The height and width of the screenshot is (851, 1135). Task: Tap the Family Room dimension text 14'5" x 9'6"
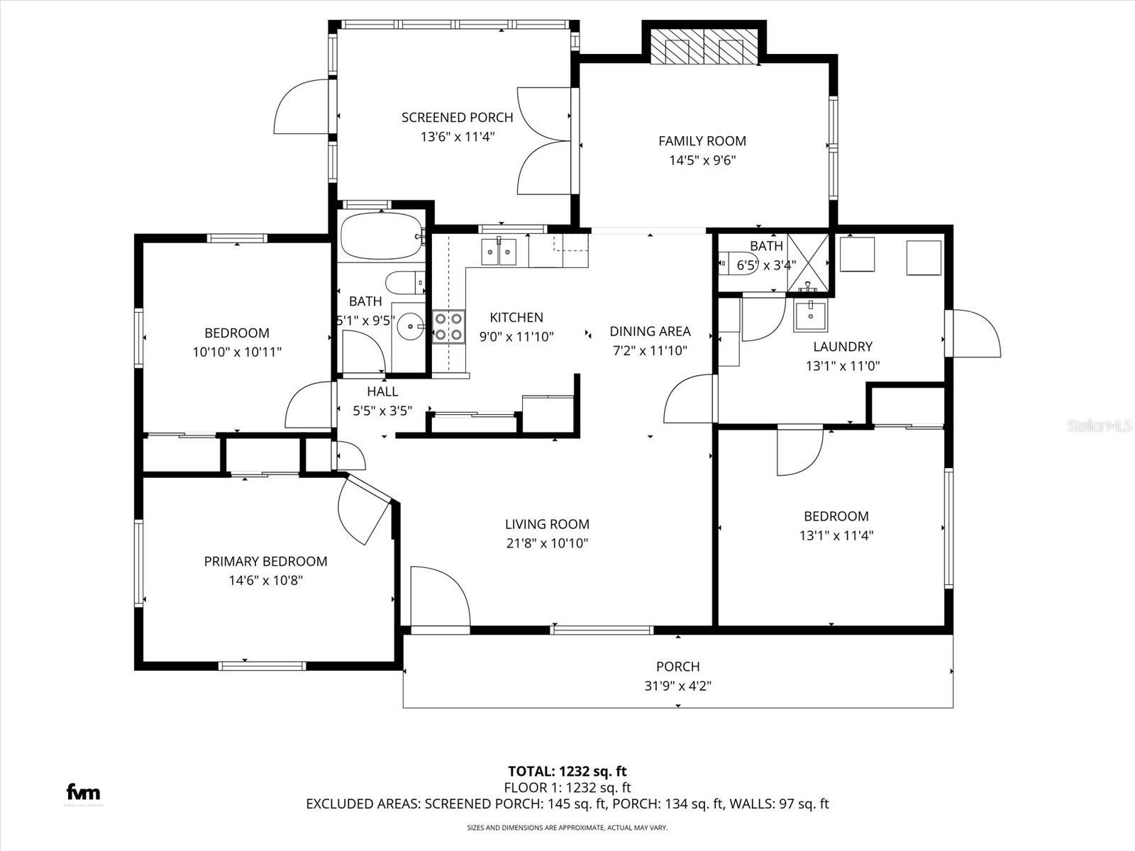702,160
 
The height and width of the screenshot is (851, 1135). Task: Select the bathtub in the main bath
381,236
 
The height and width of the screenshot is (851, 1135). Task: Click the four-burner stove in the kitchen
448,328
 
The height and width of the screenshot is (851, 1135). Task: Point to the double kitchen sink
499,252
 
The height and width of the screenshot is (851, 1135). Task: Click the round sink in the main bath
409,327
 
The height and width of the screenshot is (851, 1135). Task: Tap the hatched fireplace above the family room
704,49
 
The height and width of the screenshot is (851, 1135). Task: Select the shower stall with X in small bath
808,262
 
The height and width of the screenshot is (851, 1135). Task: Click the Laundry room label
842,347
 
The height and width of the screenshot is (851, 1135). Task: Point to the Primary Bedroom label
265,562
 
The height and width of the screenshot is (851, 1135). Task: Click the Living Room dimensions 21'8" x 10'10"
547,544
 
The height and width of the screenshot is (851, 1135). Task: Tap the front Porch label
677,667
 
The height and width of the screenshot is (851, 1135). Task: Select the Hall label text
382,391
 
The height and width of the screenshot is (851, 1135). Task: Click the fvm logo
83,792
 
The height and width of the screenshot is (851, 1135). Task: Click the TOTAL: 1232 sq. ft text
567,771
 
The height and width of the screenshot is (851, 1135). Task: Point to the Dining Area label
650,331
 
